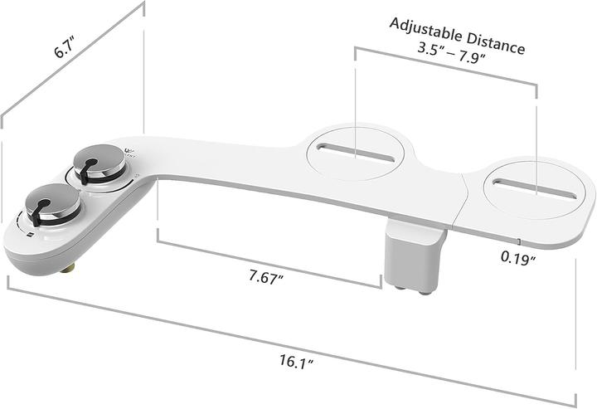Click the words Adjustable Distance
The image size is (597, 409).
(x=457, y=35)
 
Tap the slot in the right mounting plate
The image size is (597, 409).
(x=534, y=188)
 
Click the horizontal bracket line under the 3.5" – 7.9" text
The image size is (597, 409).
(x=448, y=65)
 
